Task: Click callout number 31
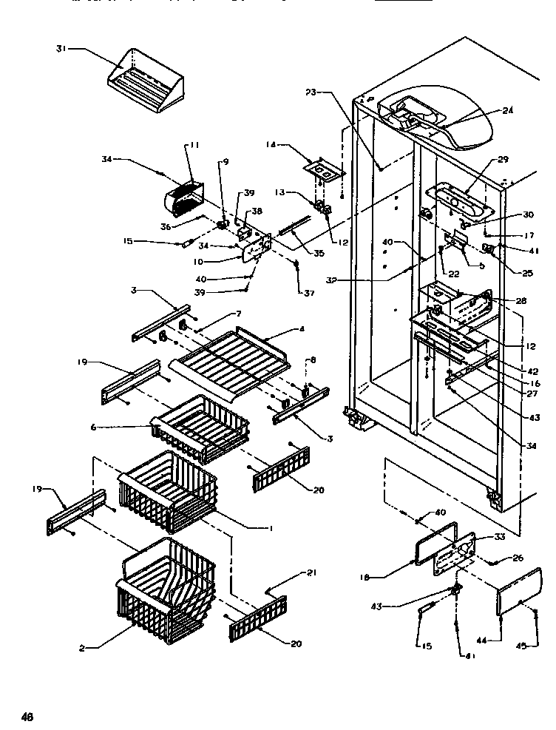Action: click(61, 49)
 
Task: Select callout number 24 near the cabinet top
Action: click(508, 112)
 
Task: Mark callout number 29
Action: click(504, 160)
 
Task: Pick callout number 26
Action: click(516, 558)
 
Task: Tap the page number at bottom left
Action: click(27, 716)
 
